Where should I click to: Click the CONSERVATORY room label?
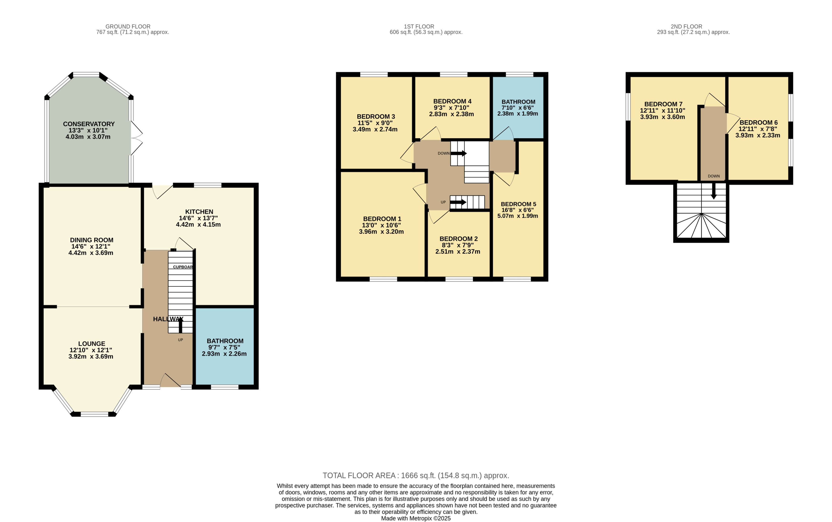tap(89, 124)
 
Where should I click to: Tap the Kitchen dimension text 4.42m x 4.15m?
tap(198, 224)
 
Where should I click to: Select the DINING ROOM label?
tap(92, 240)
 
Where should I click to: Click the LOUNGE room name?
tap(92, 344)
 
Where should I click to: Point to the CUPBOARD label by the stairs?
tap(183, 267)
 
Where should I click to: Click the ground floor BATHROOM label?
tap(225, 341)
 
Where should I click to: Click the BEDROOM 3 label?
tap(376, 117)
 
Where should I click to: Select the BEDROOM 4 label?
tap(452, 101)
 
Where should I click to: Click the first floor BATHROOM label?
tap(518, 102)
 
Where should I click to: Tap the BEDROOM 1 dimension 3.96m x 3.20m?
tap(381, 232)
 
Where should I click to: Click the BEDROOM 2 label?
tap(458, 239)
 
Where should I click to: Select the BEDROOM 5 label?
tap(518, 204)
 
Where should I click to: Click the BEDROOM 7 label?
tap(663, 104)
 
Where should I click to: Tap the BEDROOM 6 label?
tap(758, 123)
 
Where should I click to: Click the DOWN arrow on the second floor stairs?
tap(714, 192)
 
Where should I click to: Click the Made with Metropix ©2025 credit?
tap(416, 518)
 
